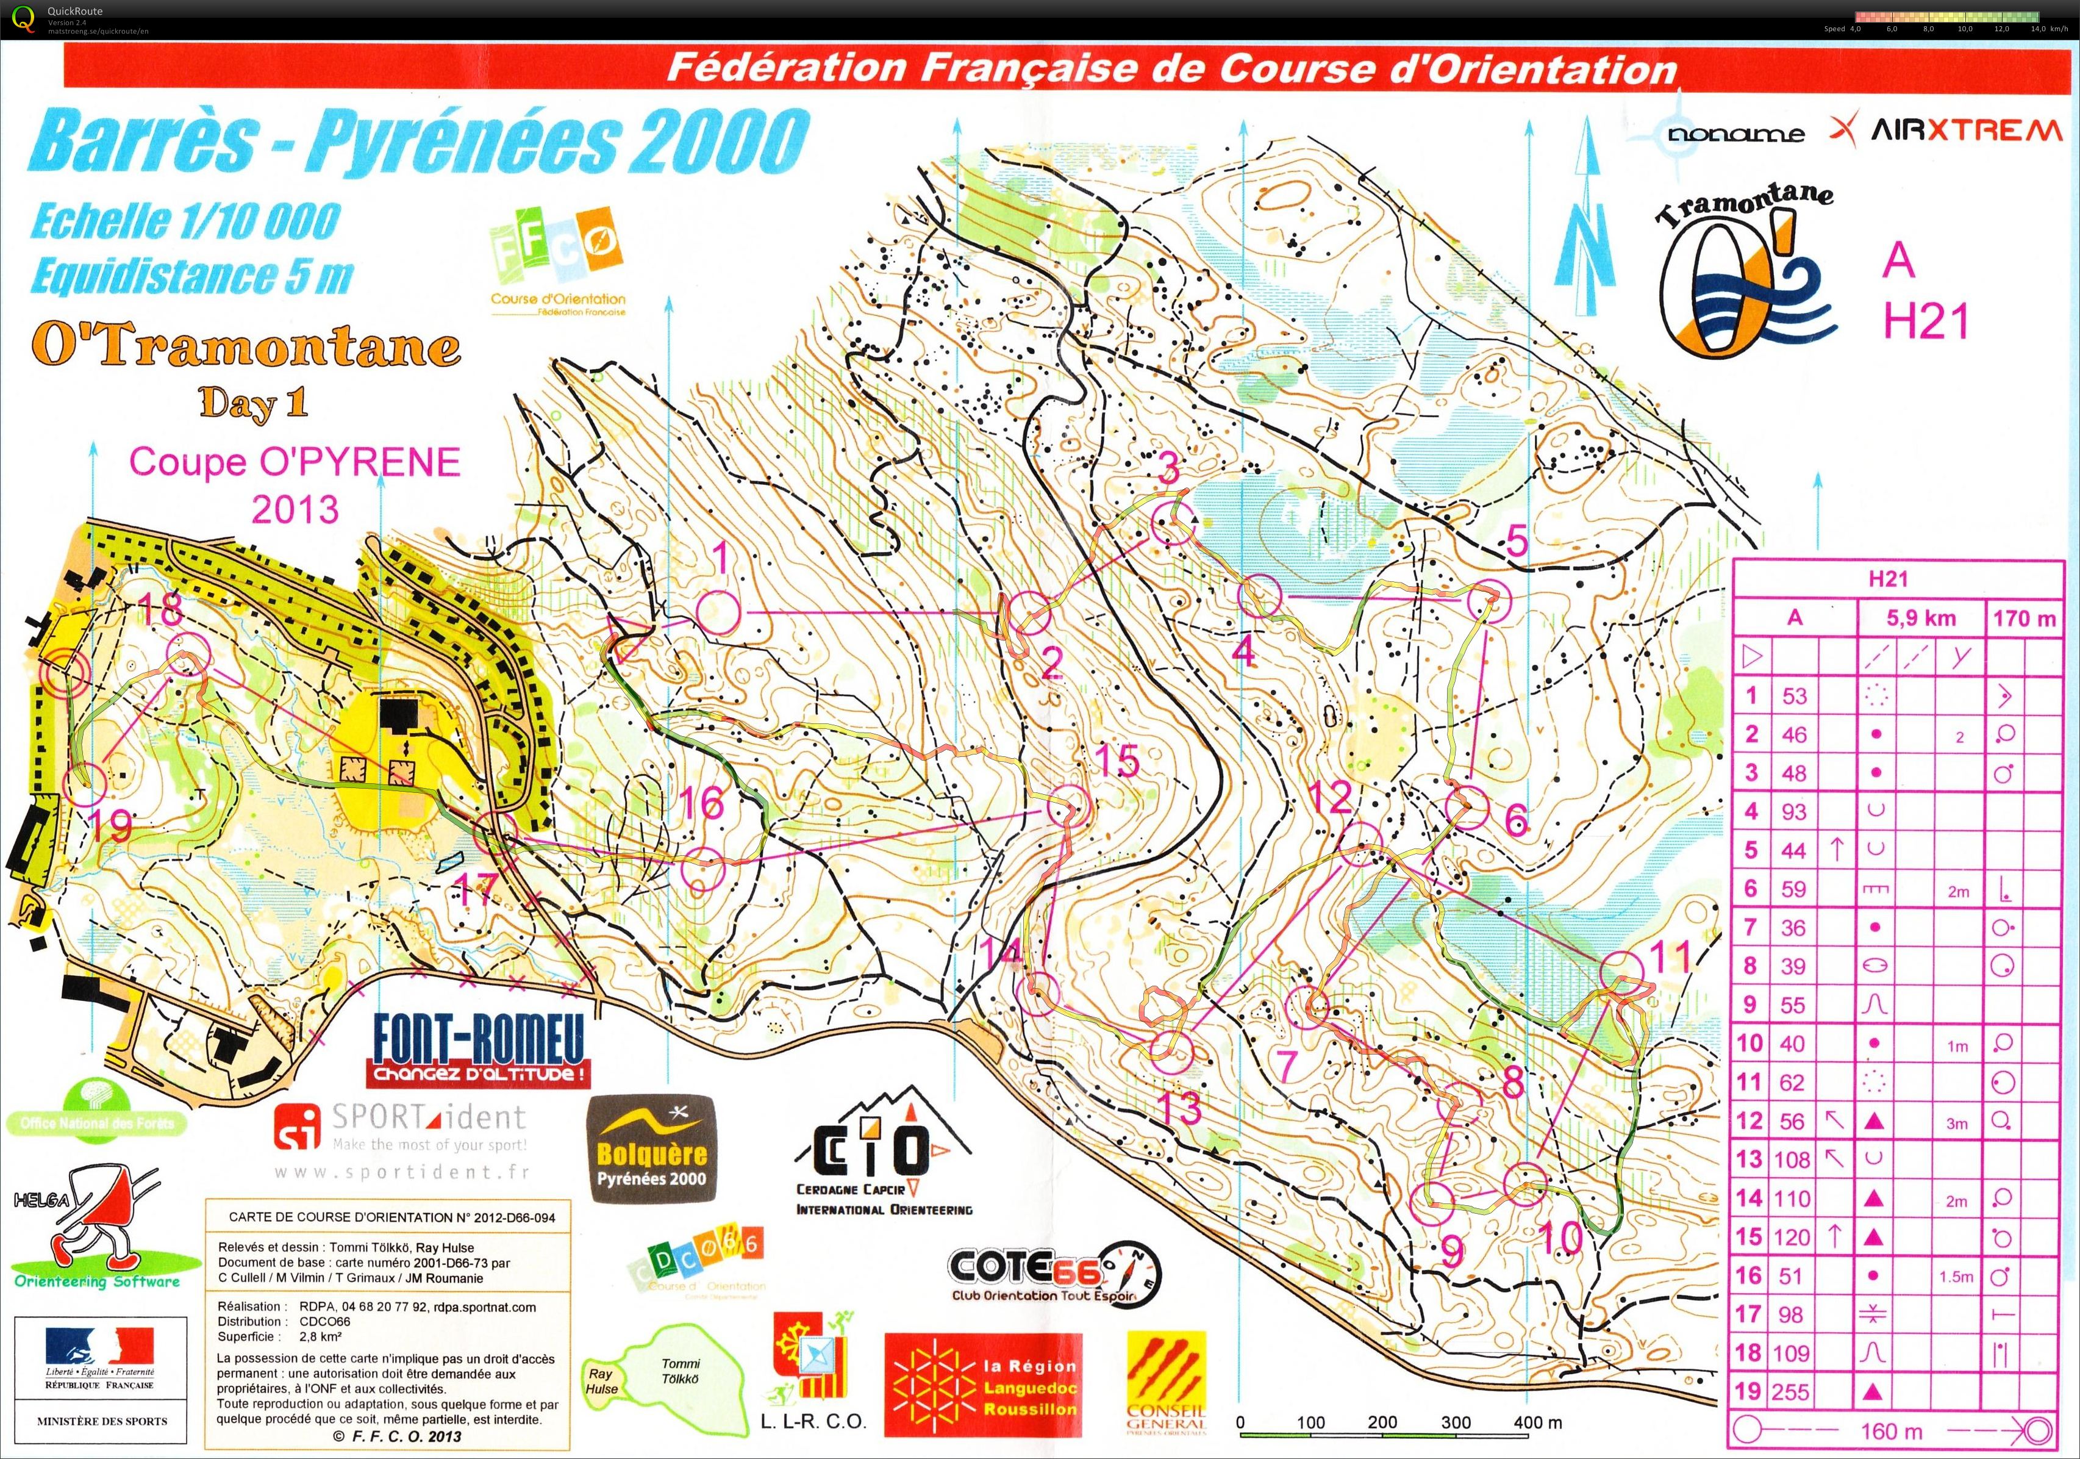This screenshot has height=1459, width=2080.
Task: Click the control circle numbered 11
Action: (x=1621, y=973)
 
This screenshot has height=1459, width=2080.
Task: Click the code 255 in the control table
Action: (x=1791, y=1391)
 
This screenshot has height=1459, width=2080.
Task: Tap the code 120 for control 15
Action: (x=1791, y=1237)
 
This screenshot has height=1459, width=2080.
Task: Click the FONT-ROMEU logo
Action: (x=478, y=1049)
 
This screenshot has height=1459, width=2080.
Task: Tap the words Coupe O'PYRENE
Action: (x=295, y=462)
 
